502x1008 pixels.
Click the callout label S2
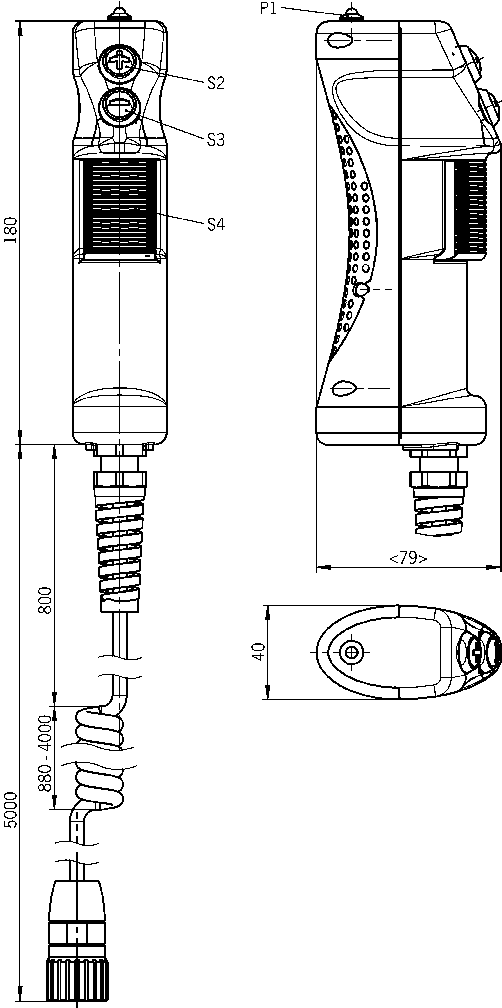216,83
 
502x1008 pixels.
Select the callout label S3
216,140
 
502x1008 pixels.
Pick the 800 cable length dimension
45,601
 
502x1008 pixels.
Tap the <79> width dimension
408,558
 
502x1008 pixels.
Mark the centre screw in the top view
352,652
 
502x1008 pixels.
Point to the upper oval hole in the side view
339,40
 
